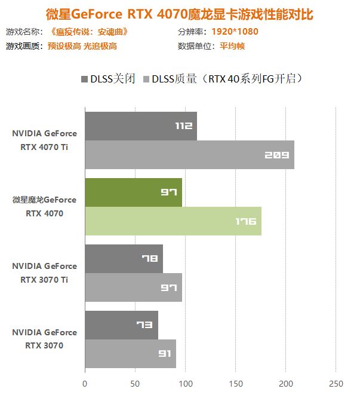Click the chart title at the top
coord(180,13)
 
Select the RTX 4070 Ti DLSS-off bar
coord(140,126)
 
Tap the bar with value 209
coord(189,155)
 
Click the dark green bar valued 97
coord(133,192)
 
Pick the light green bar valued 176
coord(173,221)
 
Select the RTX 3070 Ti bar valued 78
coord(124,259)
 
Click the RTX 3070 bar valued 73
coord(121,325)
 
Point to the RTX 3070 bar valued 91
coord(130,354)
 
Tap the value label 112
coord(184,126)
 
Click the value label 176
coord(245,222)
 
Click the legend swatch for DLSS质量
coord(145,79)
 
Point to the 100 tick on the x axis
coord(185,383)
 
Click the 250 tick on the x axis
coord(336,383)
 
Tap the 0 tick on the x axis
coord(85,383)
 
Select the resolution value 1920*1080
coord(235,32)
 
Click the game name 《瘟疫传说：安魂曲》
coord(90,32)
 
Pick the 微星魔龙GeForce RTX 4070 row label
coord(45,206)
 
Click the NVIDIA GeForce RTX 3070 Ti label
coord(45,273)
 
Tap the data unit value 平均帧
coord(232,46)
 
